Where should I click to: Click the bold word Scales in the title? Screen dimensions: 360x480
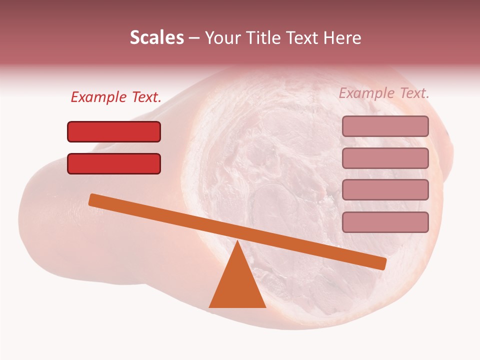[156, 37]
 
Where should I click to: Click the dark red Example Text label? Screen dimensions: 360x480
[116, 97]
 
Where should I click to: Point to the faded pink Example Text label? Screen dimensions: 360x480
[384, 93]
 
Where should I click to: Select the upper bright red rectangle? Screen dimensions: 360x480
[114, 131]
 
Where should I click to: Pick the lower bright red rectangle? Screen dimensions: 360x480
[114, 163]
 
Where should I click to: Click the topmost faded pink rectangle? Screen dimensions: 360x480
[385, 126]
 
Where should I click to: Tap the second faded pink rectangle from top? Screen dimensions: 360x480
[385, 158]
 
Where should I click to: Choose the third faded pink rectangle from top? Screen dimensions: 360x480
[385, 190]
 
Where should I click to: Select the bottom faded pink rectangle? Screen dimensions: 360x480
[385, 222]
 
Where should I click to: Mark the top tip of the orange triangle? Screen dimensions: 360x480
[237, 242]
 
